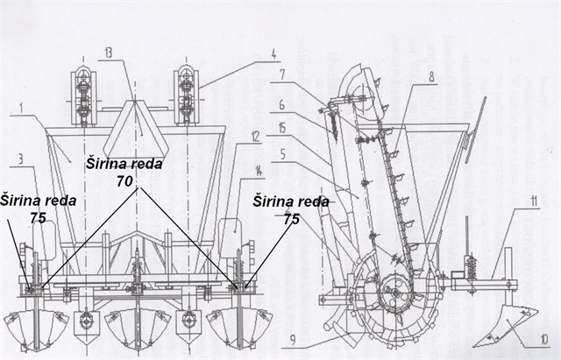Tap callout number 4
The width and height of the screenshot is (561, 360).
273,53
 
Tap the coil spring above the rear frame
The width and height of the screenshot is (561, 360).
471,260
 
